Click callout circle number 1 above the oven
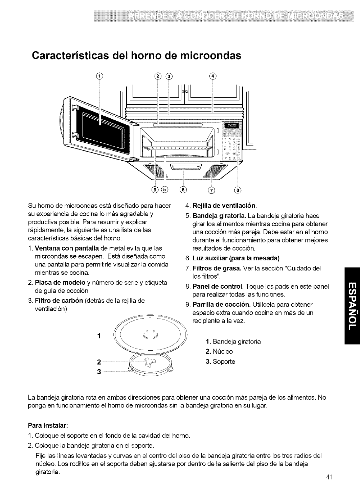100,75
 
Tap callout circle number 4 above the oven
212,75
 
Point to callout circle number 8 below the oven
238,190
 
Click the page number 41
331,477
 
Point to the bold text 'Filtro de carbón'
59,291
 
